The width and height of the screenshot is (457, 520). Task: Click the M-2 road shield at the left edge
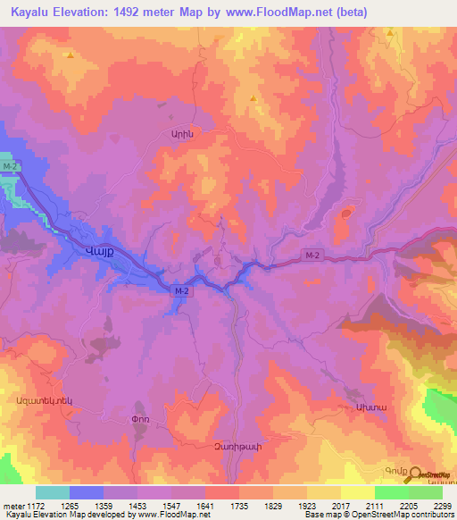[x=11, y=167]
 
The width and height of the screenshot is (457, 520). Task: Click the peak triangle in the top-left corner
[x=70, y=55]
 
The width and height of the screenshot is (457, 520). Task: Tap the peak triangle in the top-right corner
[x=391, y=32]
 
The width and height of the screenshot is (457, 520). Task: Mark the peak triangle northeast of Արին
[x=254, y=98]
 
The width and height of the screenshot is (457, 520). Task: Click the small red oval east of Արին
[x=345, y=214]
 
